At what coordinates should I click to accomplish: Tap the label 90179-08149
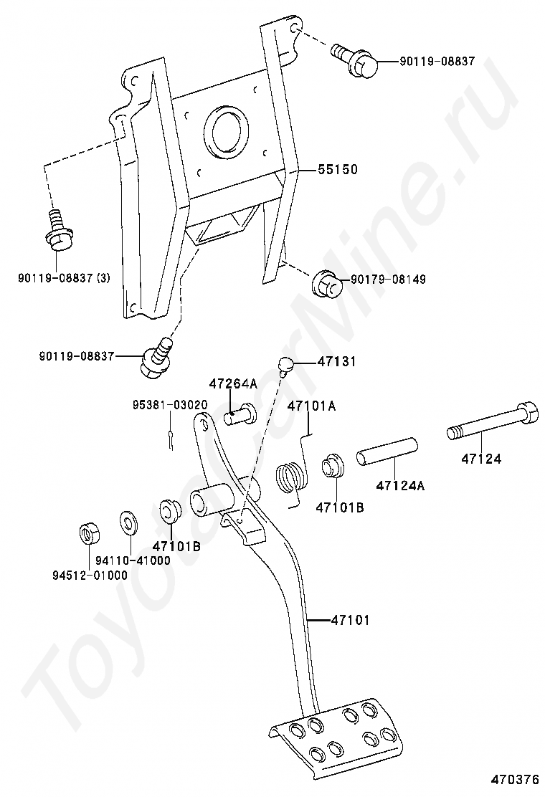click(387, 280)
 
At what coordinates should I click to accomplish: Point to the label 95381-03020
click(169, 405)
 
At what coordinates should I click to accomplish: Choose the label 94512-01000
click(89, 575)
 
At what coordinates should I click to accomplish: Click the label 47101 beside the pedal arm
click(350, 620)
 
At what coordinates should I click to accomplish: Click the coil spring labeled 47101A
click(290, 478)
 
